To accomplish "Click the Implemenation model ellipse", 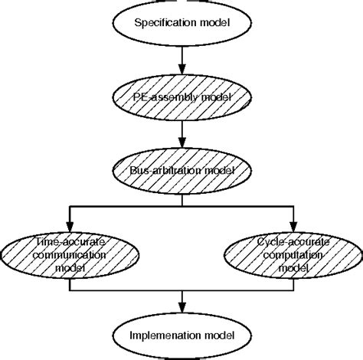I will [x=181, y=334].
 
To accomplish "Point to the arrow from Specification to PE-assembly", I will [x=181, y=60].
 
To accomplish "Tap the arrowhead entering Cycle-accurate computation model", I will [x=293, y=222].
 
